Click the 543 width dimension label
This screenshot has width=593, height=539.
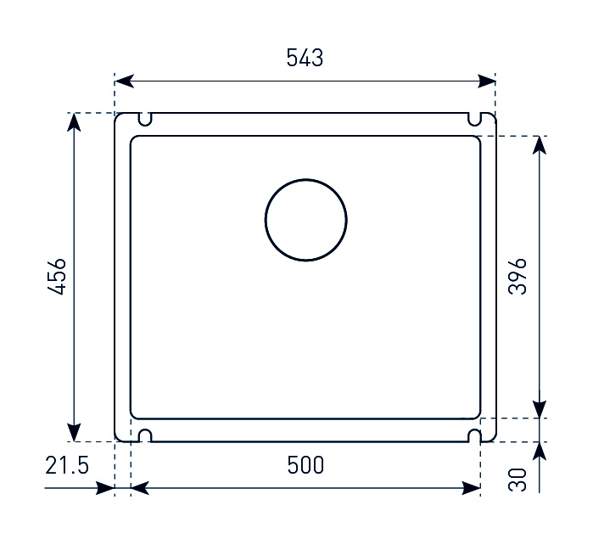point(305,58)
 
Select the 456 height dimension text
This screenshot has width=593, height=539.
point(57,277)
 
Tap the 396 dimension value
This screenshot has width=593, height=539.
point(517,277)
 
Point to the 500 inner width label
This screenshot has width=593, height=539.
point(305,465)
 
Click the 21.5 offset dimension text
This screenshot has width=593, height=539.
point(67,465)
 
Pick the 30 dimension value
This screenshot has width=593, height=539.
point(517,480)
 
